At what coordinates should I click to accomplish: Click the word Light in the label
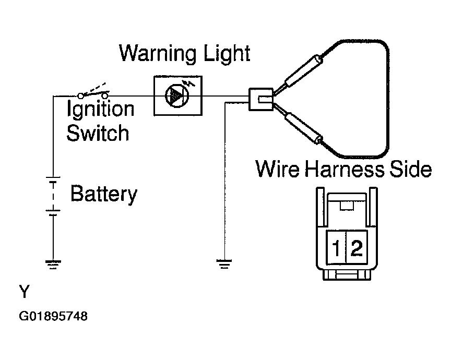(227, 54)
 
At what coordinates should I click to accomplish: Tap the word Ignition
(100, 109)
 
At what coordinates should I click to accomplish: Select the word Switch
(98, 133)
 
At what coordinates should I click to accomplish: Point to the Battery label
(104, 195)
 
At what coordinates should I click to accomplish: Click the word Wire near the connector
(278, 169)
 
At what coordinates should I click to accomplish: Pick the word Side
(410, 169)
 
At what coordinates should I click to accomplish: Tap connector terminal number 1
(336, 248)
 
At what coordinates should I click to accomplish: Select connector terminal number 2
(357, 248)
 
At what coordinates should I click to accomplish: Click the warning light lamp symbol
(176, 96)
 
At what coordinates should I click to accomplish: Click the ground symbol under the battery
(53, 265)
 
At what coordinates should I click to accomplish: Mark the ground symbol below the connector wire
(224, 264)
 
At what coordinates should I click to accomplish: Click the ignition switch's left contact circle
(81, 96)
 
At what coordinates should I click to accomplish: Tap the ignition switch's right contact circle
(105, 95)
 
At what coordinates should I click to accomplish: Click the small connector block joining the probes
(261, 99)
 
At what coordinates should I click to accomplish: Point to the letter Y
(25, 292)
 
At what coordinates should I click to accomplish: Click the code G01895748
(53, 316)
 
